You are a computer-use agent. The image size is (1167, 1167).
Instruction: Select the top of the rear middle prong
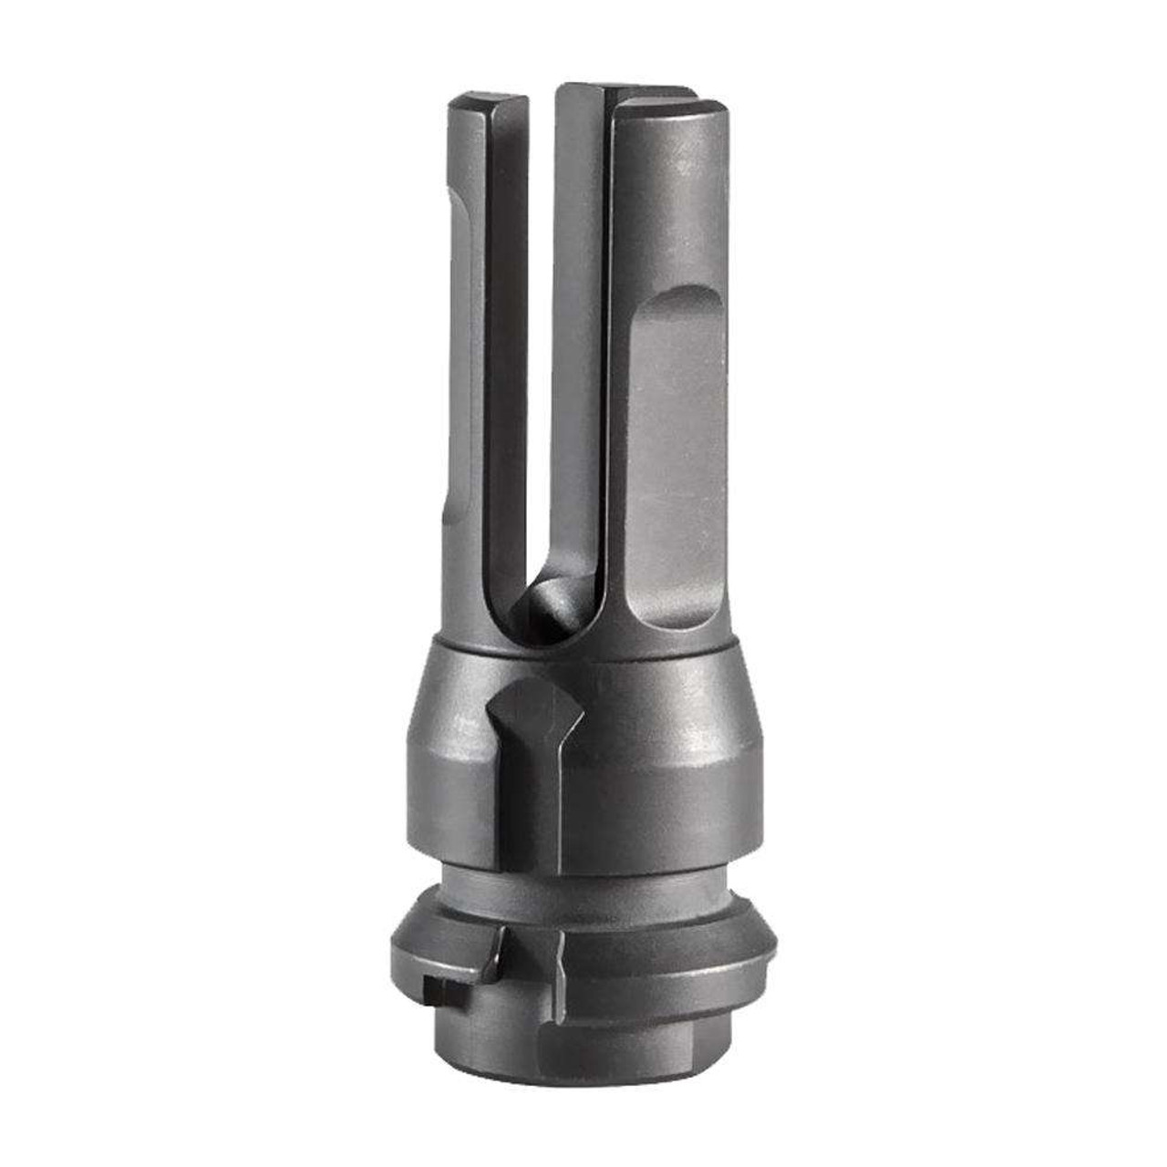click(x=620, y=89)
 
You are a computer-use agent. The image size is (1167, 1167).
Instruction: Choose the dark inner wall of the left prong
click(x=506, y=365)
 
